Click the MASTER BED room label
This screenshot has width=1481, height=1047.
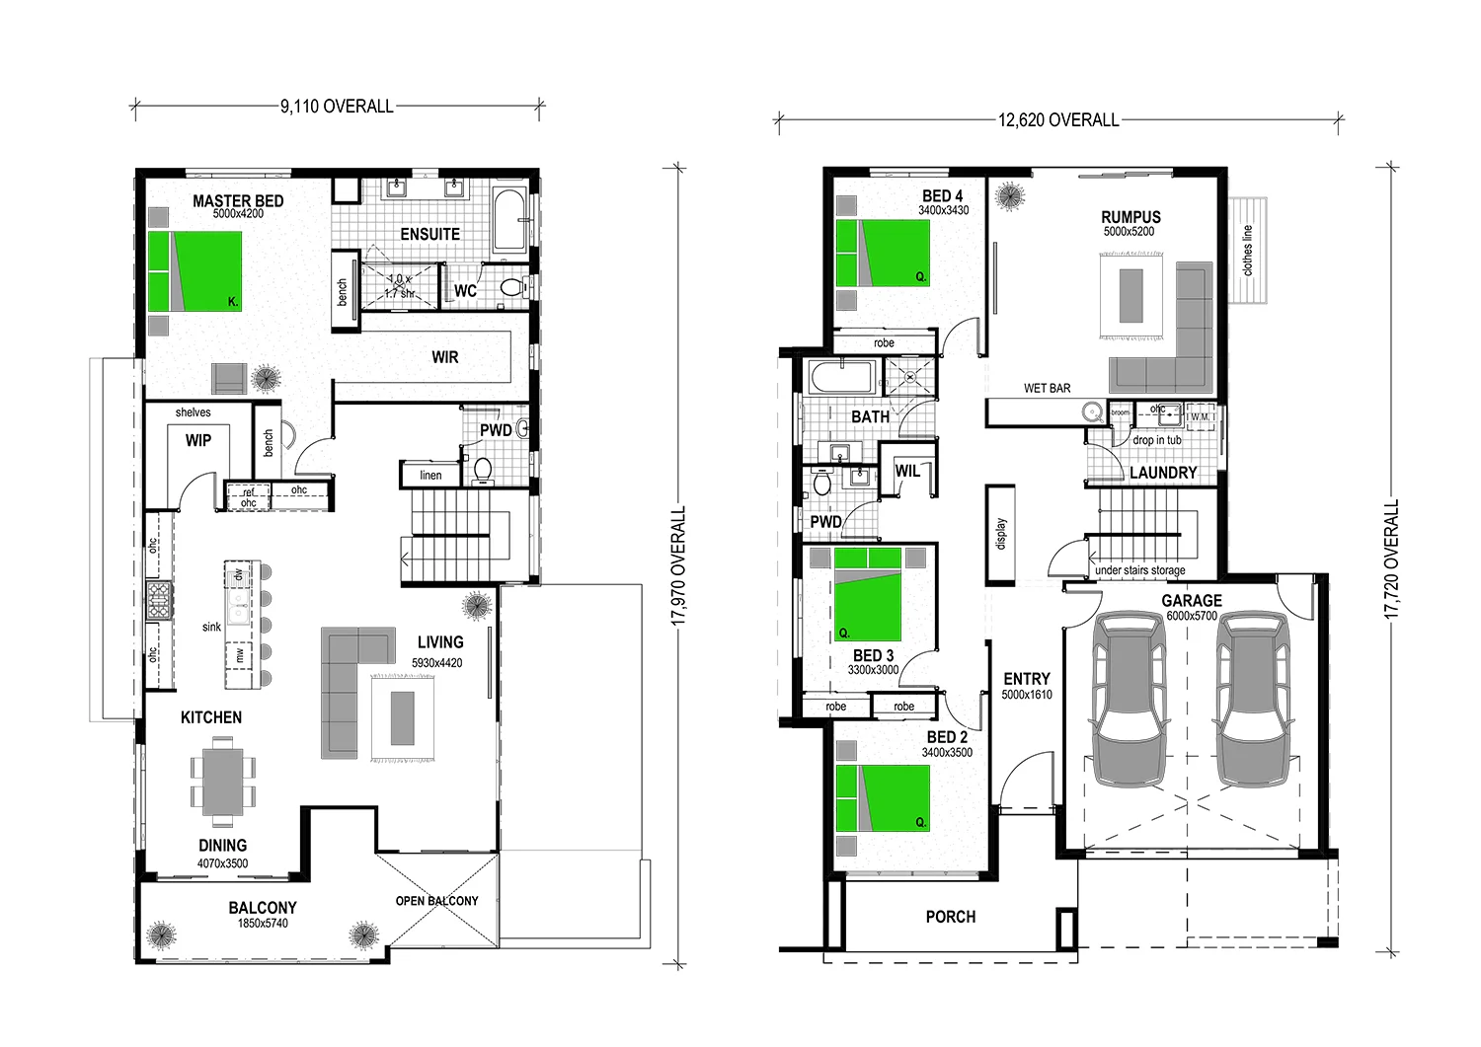pyautogui.click(x=238, y=200)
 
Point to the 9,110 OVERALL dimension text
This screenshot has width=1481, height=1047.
pyautogui.click(x=337, y=107)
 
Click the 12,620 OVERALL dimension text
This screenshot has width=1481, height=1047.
pyautogui.click(x=1058, y=120)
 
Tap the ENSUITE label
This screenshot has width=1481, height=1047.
pyautogui.click(x=429, y=234)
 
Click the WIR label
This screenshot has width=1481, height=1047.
pyautogui.click(x=444, y=357)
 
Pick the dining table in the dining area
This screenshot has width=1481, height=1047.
pyautogui.click(x=222, y=782)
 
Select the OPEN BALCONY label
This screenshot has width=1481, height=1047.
pyautogui.click(x=436, y=901)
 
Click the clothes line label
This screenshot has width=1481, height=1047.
pyautogui.click(x=1247, y=251)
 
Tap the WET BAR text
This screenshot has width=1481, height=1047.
pyautogui.click(x=1047, y=388)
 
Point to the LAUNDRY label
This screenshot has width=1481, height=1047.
pyautogui.click(x=1162, y=473)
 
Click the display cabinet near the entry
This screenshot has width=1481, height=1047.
pyautogui.click(x=1000, y=534)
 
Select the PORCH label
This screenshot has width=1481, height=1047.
pyautogui.click(x=950, y=917)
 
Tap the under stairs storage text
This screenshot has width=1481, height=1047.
pyautogui.click(x=1139, y=570)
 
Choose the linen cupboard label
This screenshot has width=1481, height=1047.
pyautogui.click(x=430, y=476)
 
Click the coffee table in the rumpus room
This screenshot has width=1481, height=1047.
pyautogui.click(x=1131, y=295)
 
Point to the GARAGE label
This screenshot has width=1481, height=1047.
pyautogui.click(x=1191, y=600)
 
